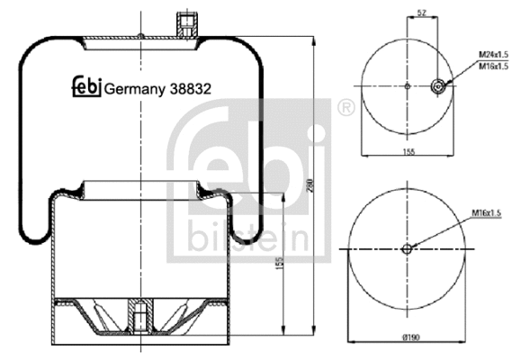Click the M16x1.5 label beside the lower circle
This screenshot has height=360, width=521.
tap(485, 213)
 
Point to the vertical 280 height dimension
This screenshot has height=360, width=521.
tap(310, 185)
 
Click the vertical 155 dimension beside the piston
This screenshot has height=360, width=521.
tap(280, 265)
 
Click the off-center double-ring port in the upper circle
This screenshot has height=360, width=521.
tap(439, 87)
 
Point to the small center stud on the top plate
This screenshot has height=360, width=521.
tap(141, 37)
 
